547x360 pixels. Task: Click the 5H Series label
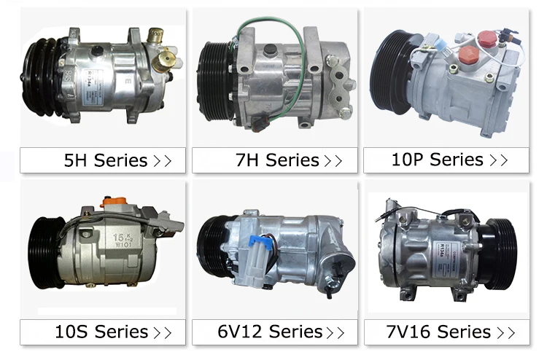pyautogui.click(x=106, y=161)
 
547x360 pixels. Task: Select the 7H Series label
pyautogui.click(x=277, y=161)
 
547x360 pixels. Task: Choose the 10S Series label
pyautogui.click(x=101, y=333)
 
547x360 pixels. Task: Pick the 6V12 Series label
pyautogui.click(x=270, y=333)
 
